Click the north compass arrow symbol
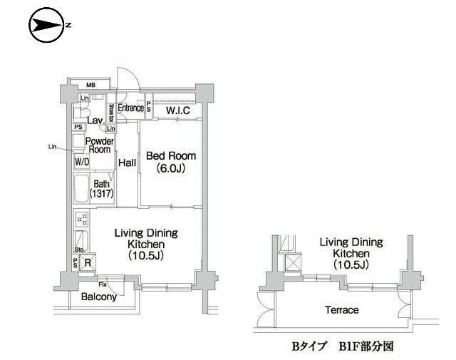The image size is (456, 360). coord(48,25)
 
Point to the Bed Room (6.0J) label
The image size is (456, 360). coord(170,162)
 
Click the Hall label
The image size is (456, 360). coord(128,163)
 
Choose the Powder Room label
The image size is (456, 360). coord(98,145)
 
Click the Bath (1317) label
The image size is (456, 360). coord(100,189)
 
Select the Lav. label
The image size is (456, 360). coord(96,122)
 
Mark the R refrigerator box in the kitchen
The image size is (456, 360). coord(87,262)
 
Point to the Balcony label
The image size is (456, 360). coord(98,297)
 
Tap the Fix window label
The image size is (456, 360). coord(103,284)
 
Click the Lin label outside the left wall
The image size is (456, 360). coord(52,147)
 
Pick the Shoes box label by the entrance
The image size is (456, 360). coord(111,113)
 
